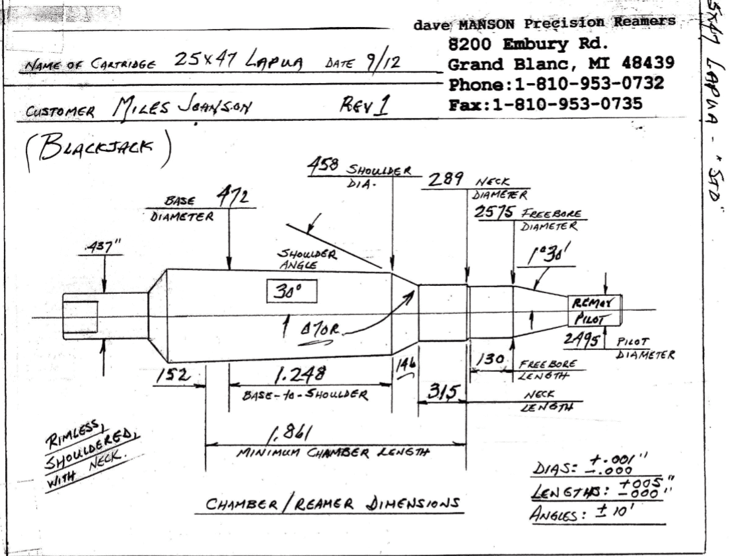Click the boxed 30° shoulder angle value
(291, 291)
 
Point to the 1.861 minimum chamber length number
(290, 434)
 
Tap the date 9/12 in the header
(380, 64)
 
